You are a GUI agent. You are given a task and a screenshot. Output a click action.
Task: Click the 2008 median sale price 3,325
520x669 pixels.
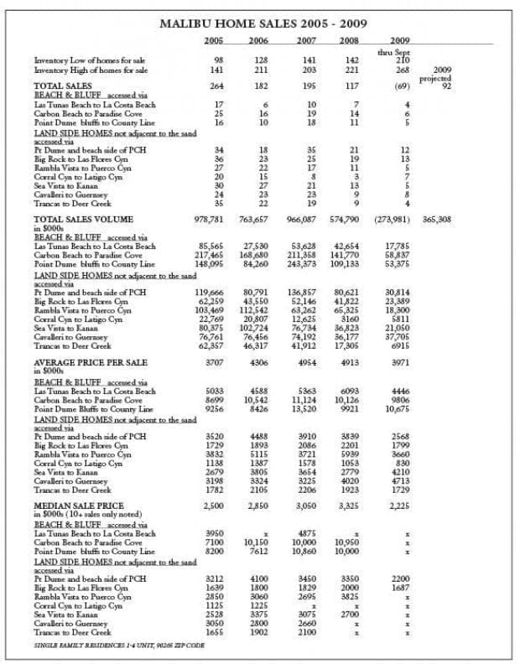pyautogui.click(x=346, y=506)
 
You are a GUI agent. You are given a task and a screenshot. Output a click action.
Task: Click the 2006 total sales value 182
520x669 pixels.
pyautogui.click(x=260, y=86)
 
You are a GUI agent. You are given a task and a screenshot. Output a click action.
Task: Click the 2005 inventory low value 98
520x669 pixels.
pyautogui.click(x=218, y=60)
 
